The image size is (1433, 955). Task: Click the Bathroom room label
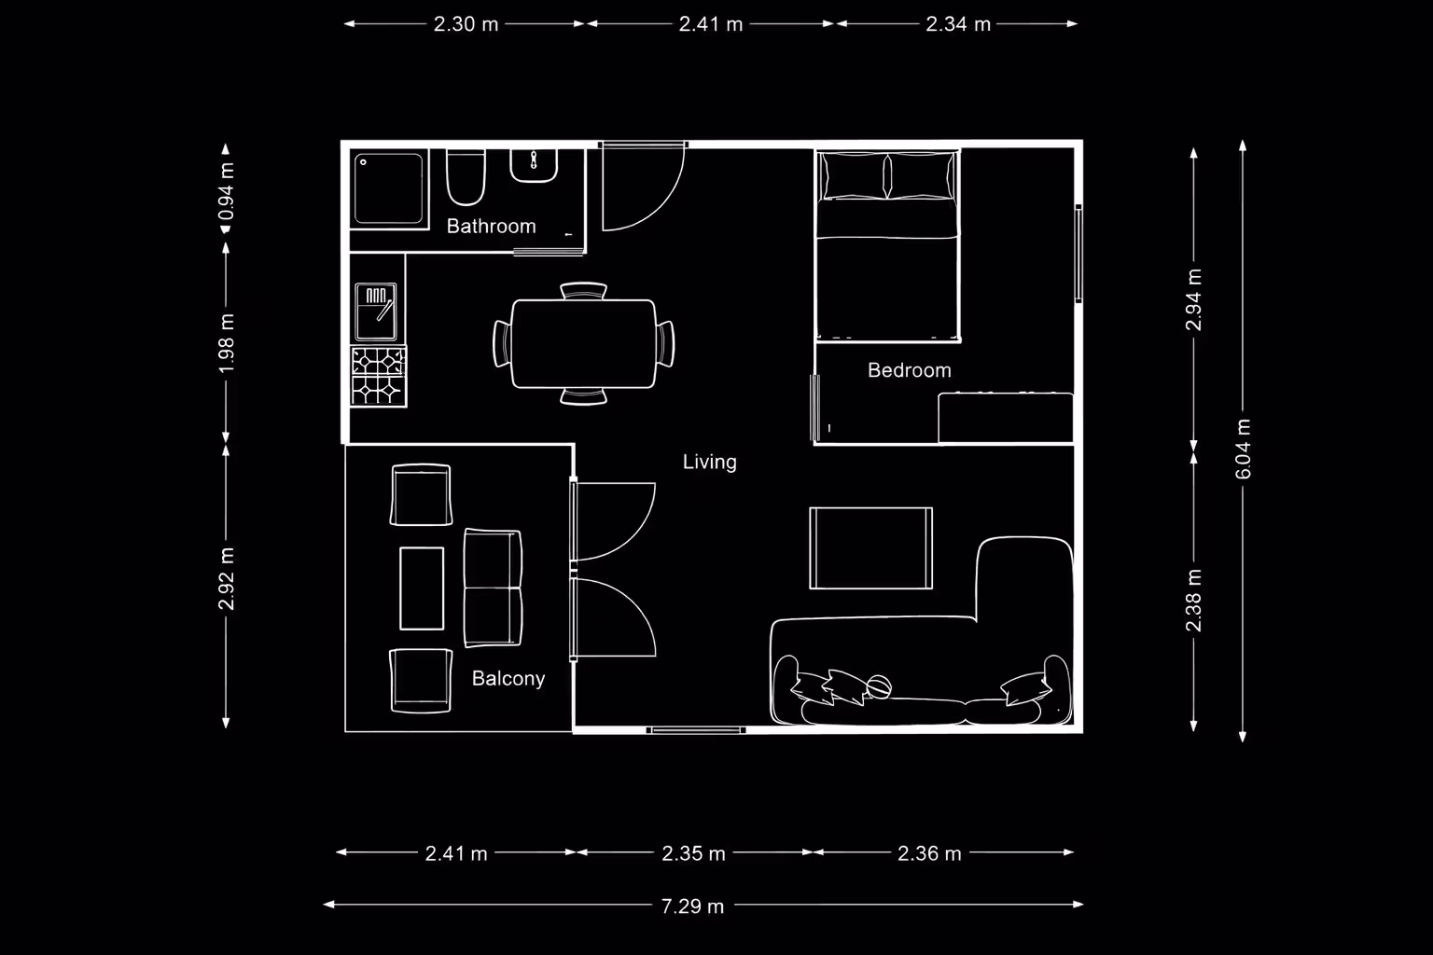491,226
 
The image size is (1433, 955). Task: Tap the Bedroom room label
909,369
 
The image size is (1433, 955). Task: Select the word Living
709,462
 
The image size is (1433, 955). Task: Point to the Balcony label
508,678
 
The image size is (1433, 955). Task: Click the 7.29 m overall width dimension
692,906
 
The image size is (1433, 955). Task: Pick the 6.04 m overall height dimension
1243,449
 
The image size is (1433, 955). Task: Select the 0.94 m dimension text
226,191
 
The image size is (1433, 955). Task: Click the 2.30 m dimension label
466,24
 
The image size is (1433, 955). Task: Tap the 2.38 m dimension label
1194,600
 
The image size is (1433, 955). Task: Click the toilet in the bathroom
466,177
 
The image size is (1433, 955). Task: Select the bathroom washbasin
534,166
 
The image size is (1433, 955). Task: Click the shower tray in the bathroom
389,188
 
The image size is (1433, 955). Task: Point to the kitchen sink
376,311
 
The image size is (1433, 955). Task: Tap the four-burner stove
378,376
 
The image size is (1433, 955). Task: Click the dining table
583,343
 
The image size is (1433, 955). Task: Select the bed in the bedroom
887,245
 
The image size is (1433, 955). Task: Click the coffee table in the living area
870,548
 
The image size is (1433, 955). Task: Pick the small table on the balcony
422,588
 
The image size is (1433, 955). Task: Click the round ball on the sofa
879,687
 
